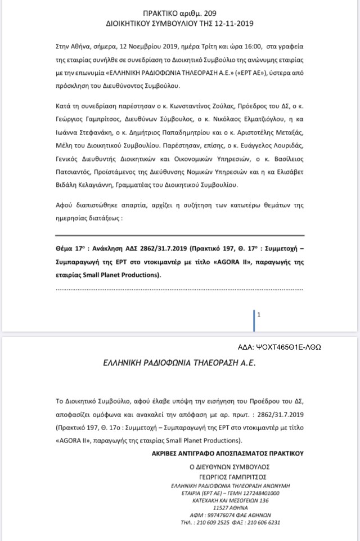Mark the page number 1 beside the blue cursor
coord(259,315)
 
